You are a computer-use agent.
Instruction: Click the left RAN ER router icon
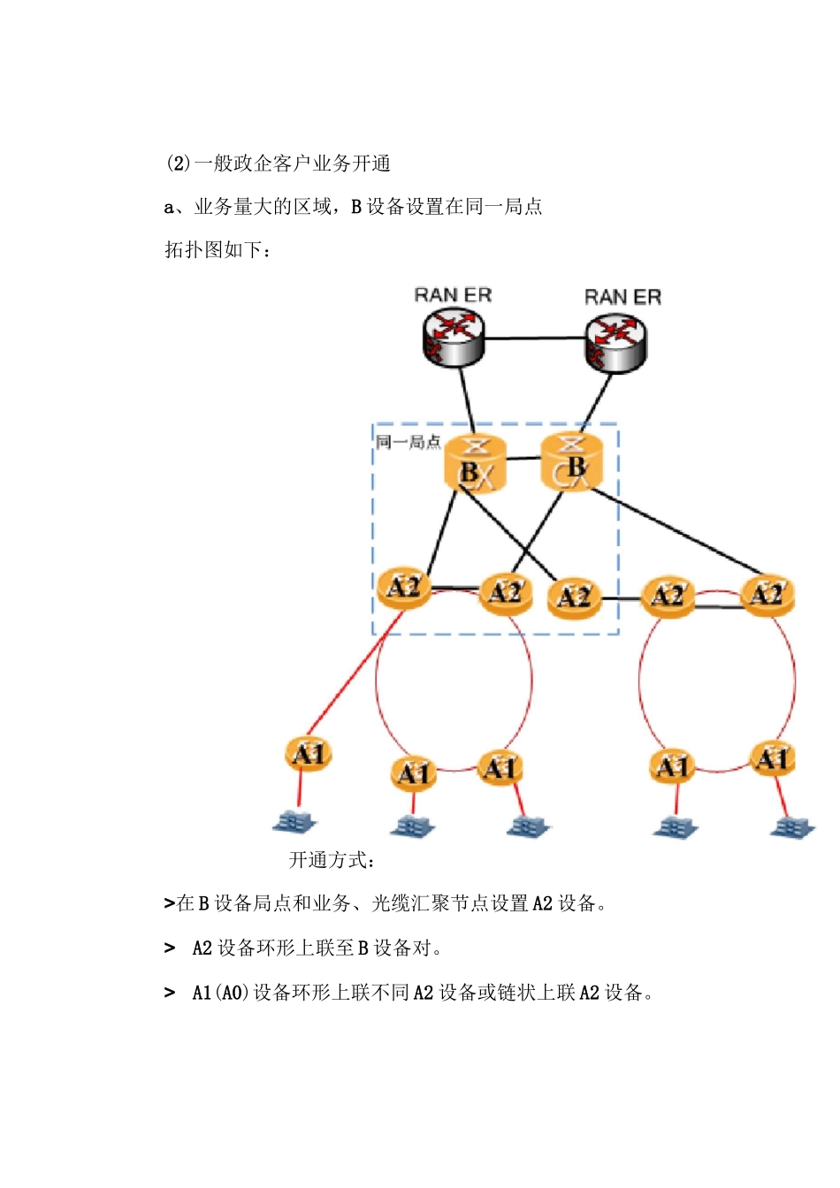(453, 337)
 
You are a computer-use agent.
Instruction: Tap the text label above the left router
(453, 295)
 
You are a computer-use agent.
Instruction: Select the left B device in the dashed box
(475, 464)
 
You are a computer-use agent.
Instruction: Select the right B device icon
(571, 461)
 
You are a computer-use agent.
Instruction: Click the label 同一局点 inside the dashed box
(408, 442)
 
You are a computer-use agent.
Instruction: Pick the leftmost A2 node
(404, 588)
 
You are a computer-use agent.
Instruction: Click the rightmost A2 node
(767, 595)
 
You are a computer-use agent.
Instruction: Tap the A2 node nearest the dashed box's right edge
(574, 598)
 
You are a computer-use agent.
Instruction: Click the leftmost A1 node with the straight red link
(309, 754)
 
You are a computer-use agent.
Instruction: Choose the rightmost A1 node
(772, 759)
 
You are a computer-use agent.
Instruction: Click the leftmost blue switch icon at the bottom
(294, 822)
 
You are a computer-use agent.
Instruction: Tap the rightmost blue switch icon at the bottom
(792, 827)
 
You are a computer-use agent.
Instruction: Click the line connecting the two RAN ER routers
(534, 338)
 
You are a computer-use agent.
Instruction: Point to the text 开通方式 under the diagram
(332, 860)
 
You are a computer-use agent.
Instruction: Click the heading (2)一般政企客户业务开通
(279, 164)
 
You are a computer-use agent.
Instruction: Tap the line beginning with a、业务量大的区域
(354, 207)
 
